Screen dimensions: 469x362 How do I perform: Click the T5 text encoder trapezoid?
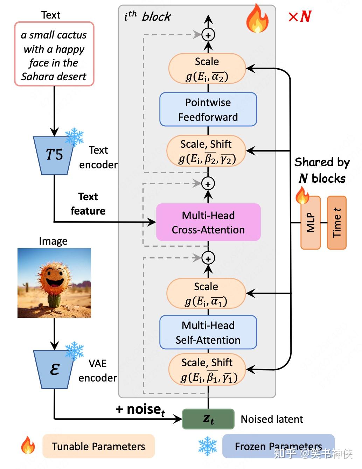coord(54,155)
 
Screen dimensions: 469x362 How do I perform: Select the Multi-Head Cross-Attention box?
coord(208,222)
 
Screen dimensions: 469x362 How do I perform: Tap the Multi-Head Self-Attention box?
coord(208,332)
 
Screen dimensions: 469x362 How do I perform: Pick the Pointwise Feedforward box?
coord(208,110)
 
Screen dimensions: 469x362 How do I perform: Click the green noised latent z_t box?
coord(208,419)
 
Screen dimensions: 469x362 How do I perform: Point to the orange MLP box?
coord(311,223)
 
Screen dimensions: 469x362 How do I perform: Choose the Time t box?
coord(337,223)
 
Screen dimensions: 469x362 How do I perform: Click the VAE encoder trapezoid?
coord(54,370)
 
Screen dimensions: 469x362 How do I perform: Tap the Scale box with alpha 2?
coord(207,69)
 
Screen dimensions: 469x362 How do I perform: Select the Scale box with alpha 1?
coord(206,294)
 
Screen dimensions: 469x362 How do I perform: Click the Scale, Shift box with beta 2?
coord(206,151)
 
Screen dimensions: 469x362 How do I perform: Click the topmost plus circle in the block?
coord(208,35)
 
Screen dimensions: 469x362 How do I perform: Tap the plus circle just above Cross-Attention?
coord(208,184)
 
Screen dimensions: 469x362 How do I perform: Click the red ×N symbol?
coord(300,16)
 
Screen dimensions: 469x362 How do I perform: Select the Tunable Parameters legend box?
coord(98,446)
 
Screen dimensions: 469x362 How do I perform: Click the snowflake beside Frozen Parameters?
coord(208,446)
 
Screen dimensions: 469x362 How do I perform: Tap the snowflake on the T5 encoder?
coord(74,136)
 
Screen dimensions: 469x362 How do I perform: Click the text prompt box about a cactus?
coord(54,54)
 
